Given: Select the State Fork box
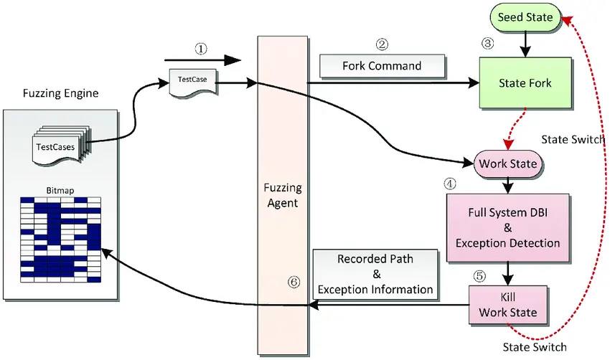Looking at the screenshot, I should pos(525,83).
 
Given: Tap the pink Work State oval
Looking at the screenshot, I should pos(508,164).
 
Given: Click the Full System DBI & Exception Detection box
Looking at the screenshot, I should pos(507,228).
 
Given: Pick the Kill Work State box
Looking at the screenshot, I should pos(507,305).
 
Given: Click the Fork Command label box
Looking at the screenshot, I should pos(382,66).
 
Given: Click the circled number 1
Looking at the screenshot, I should pos(202,48).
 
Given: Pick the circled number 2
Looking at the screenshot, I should pos(383,44).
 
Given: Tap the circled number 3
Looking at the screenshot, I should pos(487,43).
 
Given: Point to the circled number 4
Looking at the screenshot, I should pos(450,184).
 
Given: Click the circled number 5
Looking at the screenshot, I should pos(479,275).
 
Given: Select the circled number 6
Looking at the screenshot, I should pos(293,282).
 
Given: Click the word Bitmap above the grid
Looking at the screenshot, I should pos(60,191).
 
